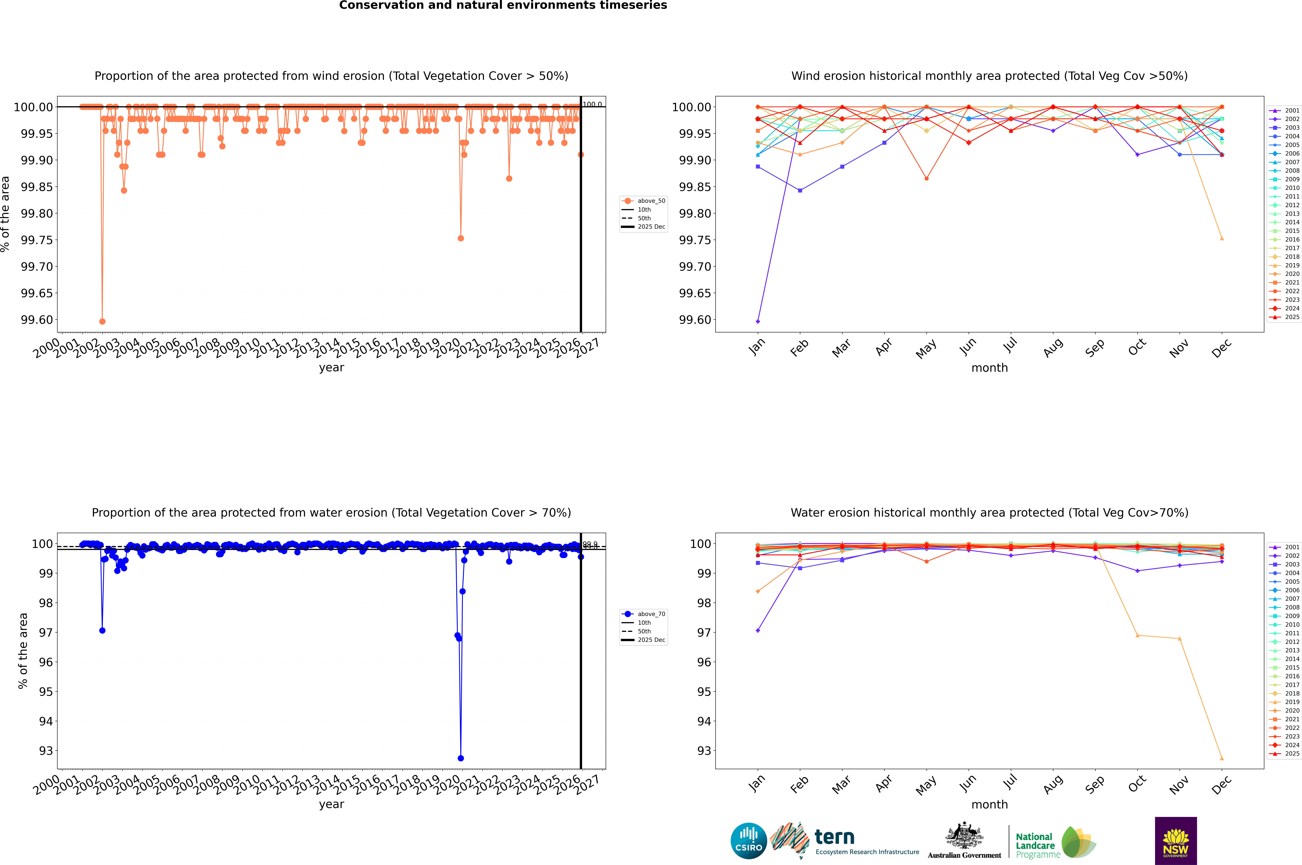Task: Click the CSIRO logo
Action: coord(748,841)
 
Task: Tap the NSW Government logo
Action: coord(1176,841)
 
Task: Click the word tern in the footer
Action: coord(835,837)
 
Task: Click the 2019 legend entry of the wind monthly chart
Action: coord(1291,265)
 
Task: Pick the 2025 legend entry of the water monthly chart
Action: coord(1291,754)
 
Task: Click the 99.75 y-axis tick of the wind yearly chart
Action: coord(37,240)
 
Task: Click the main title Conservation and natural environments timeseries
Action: coord(503,5)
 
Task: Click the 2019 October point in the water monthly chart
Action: coord(1137,636)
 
